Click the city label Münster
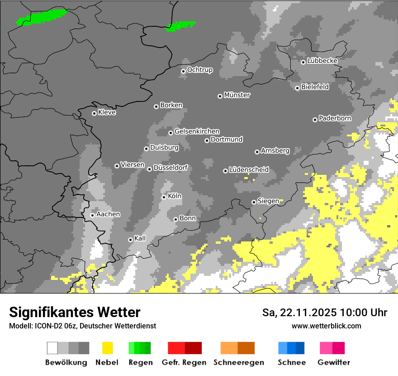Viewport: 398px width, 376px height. pos(237,95)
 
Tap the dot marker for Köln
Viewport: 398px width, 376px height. pos(164,197)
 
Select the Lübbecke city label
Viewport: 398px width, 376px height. pos(322,61)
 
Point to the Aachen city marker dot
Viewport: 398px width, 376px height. pos(92,215)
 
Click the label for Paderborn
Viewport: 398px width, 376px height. pos(335,118)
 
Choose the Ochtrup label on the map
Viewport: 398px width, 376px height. pos(200,70)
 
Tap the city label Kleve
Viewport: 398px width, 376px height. pos(107,112)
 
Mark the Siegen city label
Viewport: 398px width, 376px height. pos(268,201)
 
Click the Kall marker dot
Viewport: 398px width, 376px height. pos(130,240)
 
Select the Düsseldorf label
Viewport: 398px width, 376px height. pos(171,168)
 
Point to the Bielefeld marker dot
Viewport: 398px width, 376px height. pos(297,88)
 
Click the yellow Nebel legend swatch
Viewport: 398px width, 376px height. pos(108,348)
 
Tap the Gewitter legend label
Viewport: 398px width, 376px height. pos(334,362)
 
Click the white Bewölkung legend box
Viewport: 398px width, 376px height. pos(52,348)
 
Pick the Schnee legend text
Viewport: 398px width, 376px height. pos(292,362)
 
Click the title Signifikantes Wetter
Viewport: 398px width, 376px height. pos(75,312)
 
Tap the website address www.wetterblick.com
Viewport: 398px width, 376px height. pos(327,326)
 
